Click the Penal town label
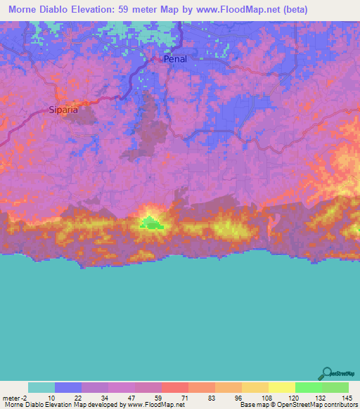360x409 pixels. [175, 59]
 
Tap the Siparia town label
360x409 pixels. [63, 110]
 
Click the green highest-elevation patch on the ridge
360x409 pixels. [150, 223]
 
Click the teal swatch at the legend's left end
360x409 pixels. [41, 387]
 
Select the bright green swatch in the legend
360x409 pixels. [309, 387]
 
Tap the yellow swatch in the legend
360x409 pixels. [282, 387]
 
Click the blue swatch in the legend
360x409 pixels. [68, 387]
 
